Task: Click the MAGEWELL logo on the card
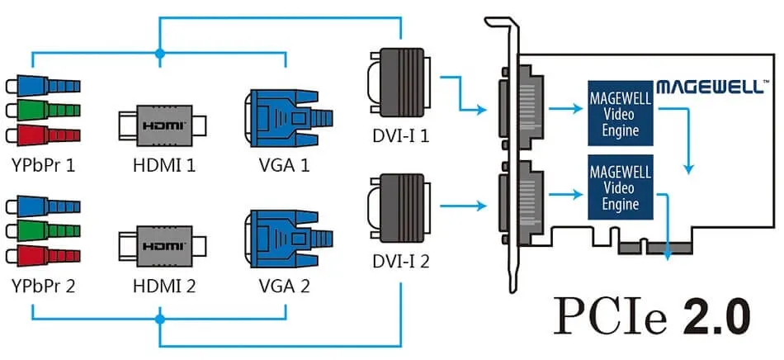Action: pyautogui.click(x=713, y=86)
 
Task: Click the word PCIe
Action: pyautogui.click(x=607, y=316)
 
